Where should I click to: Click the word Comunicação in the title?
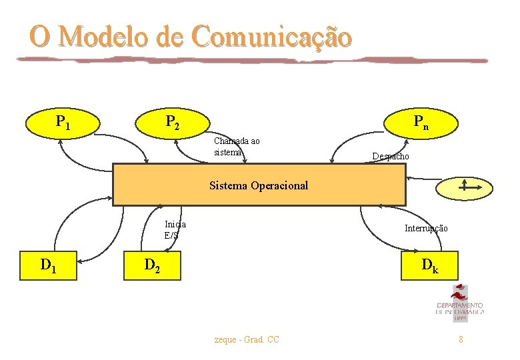click(271, 37)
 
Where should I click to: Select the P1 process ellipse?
click(63, 122)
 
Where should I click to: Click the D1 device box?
click(49, 266)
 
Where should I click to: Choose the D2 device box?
click(153, 267)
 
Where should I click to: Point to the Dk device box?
click(429, 266)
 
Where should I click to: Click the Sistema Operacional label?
click(259, 185)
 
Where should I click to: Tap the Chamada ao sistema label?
click(237, 146)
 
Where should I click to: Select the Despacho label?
click(391, 156)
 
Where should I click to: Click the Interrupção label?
click(426, 228)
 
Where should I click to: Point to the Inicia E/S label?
click(175, 229)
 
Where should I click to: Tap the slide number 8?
click(460, 340)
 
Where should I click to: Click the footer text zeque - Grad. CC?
click(247, 340)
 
